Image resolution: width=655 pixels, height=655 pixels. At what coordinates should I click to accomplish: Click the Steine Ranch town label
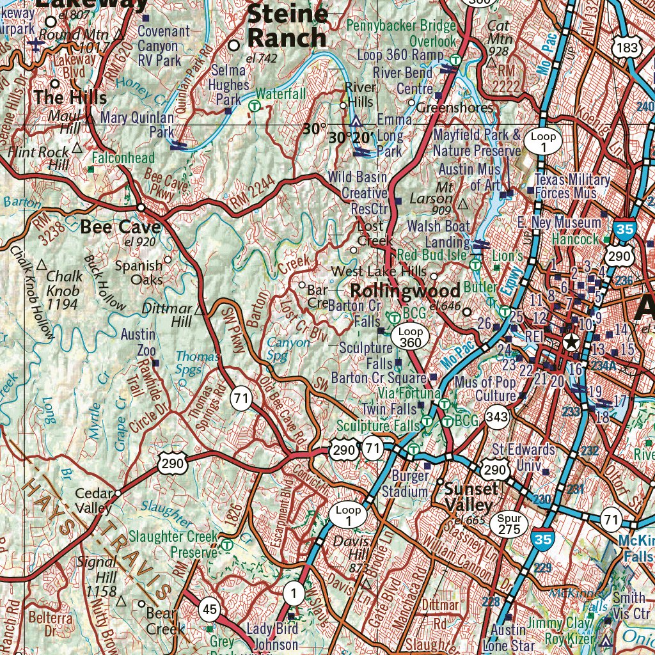click(x=287, y=26)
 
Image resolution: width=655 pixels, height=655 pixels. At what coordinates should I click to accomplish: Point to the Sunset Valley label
click(x=471, y=496)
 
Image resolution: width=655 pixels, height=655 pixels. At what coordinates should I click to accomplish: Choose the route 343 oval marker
click(x=496, y=418)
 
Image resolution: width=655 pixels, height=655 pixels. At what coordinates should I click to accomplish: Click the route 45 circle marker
click(x=210, y=609)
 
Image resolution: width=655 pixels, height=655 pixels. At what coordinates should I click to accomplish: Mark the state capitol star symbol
click(x=571, y=342)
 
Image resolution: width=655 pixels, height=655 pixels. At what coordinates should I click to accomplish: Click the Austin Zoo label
click(x=138, y=342)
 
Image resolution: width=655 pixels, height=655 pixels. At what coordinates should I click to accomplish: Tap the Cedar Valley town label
click(x=93, y=501)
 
